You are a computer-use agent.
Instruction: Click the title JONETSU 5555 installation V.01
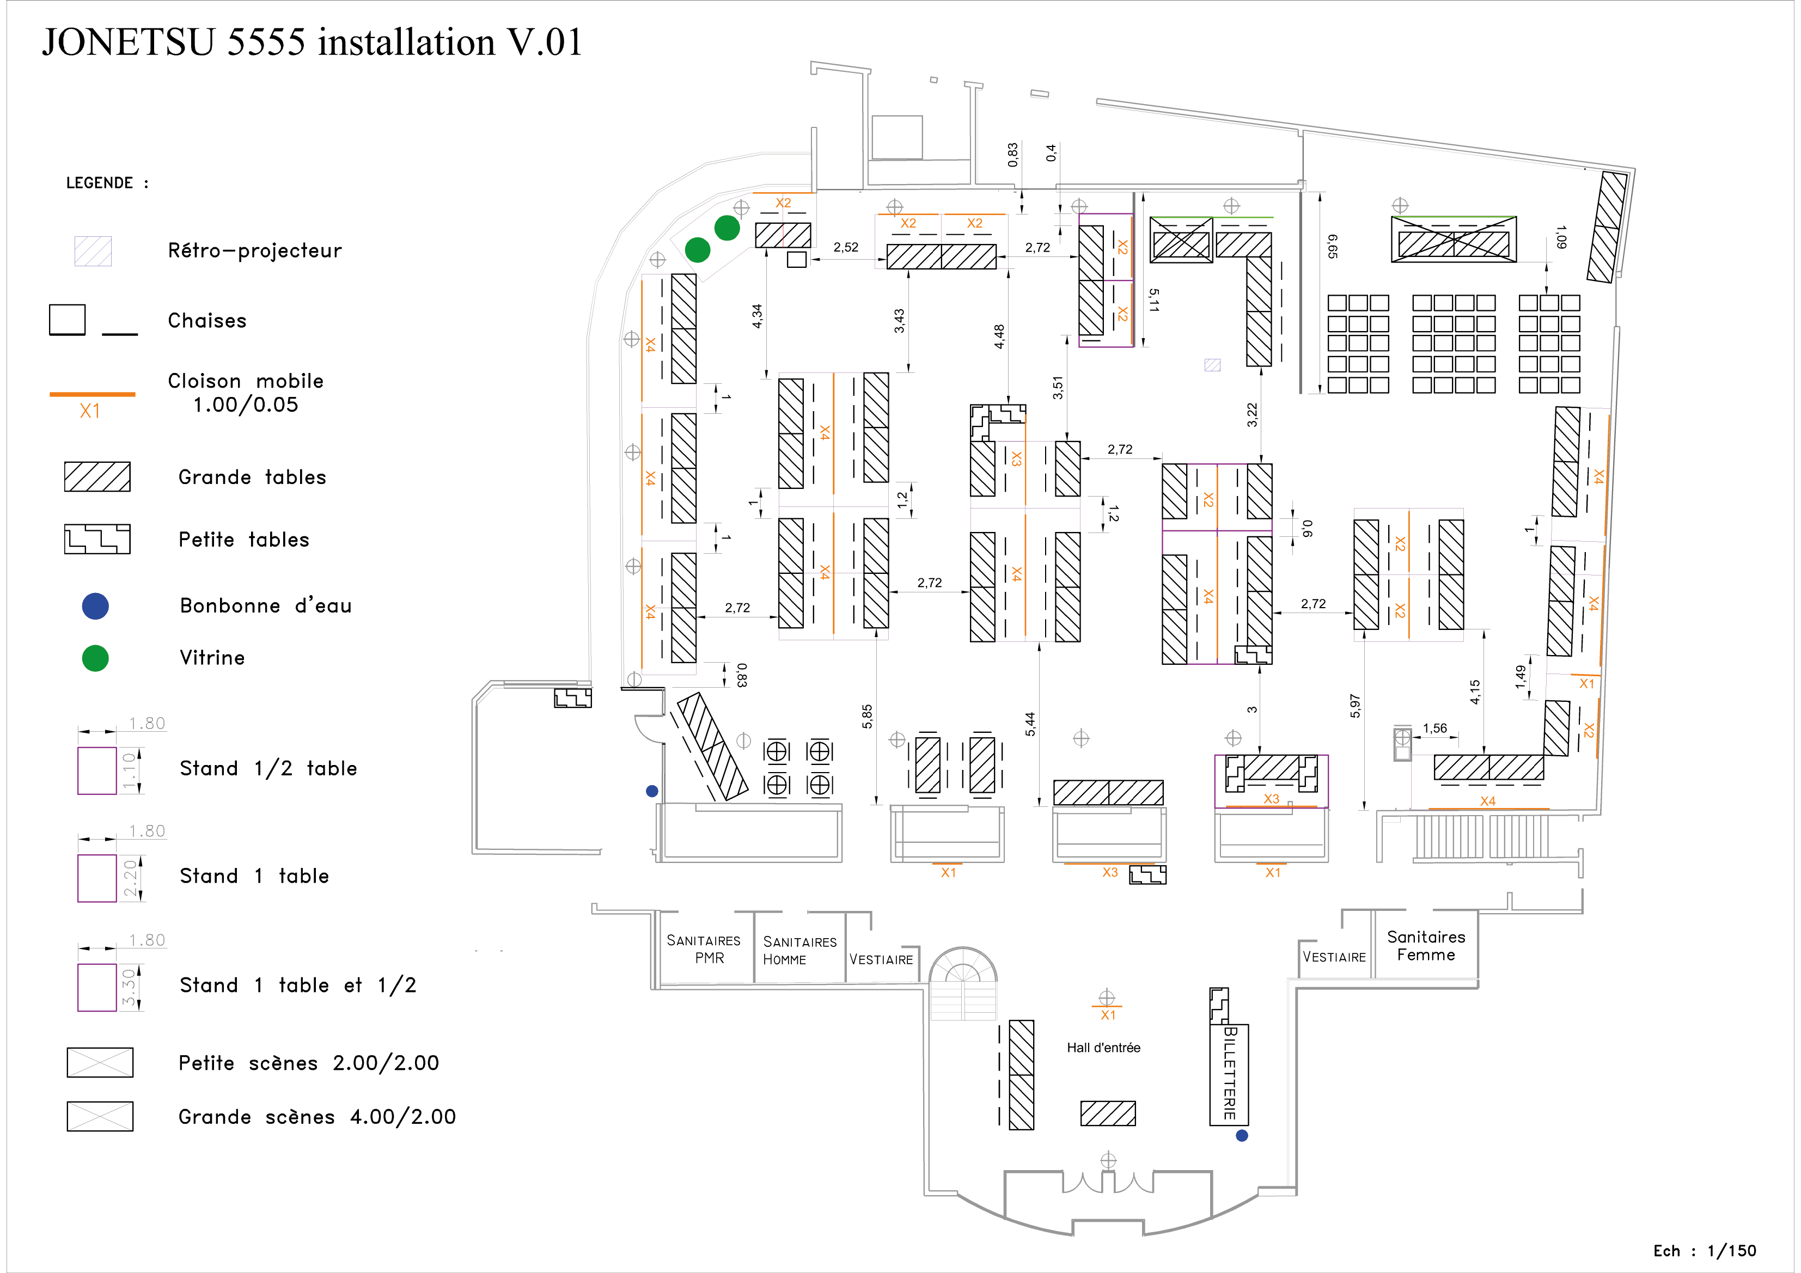pos(312,42)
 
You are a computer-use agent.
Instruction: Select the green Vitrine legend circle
pos(95,658)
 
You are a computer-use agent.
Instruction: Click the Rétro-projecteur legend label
pos(255,251)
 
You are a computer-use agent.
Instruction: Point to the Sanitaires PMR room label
pos(704,949)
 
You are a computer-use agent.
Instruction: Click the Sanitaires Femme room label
pos(1426,946)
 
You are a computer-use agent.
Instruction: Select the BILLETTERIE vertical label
pos(1230,1074)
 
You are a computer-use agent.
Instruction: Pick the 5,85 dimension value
pos(867,716)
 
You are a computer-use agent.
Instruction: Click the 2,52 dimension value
pos(846,247)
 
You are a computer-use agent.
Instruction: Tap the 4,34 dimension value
pos(757,316)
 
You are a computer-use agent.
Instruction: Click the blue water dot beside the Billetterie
pos(1242,1135)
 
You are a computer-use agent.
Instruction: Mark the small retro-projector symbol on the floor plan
pos(1213,365)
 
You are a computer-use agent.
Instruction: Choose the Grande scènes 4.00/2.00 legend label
pos(317,1117)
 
